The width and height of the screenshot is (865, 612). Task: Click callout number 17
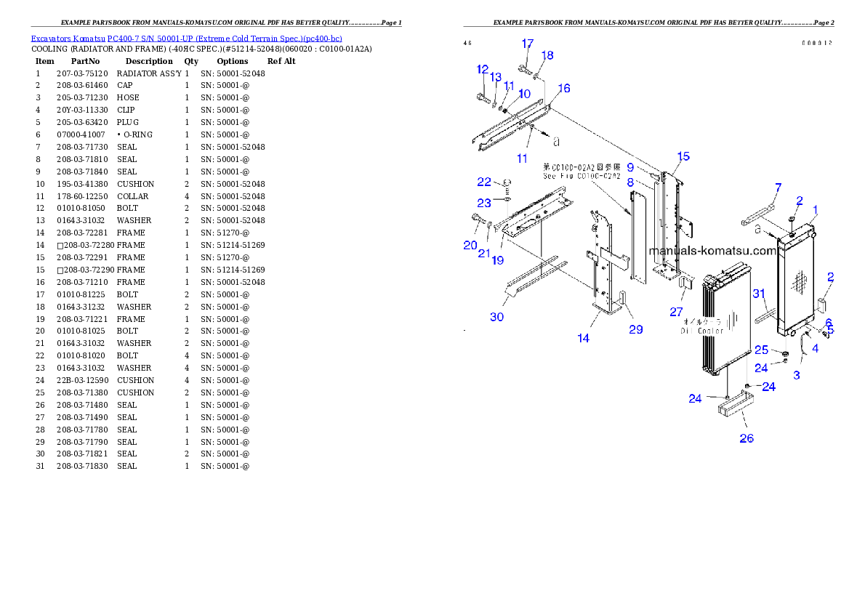pyautogui.click(x=528, y=44)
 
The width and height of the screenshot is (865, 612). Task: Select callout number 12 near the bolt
pyautogui.click(x=483, y=69)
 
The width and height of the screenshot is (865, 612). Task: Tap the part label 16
pyautogui.click(x=563, y=89)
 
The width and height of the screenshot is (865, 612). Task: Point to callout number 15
pyautogui.click(x=683, y=156)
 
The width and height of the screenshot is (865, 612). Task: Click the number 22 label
pyautogui.click(x=484, y=182)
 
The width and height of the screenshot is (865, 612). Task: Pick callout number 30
pyautogui.click(x=496, y=316)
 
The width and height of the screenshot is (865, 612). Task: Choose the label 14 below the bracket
pyautogui.click(x=584, y=338)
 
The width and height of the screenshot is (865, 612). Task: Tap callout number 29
pyautogui.click(x=636, y=329)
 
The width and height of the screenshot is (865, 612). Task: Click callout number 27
pyautogui.click(x=677, y=312)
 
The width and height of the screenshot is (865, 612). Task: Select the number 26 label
pyautogui.click(x=747, y=438)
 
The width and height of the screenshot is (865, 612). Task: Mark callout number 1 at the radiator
pyautogui.click(x=816, y=210)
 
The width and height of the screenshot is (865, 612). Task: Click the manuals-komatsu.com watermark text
pyautogui.click(x=712, y=251)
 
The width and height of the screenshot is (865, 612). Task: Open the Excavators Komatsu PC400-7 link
pyautogui.click(x=186, y=39)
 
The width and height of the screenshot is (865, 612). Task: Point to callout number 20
pyautogui.click(x=470, y=246)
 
